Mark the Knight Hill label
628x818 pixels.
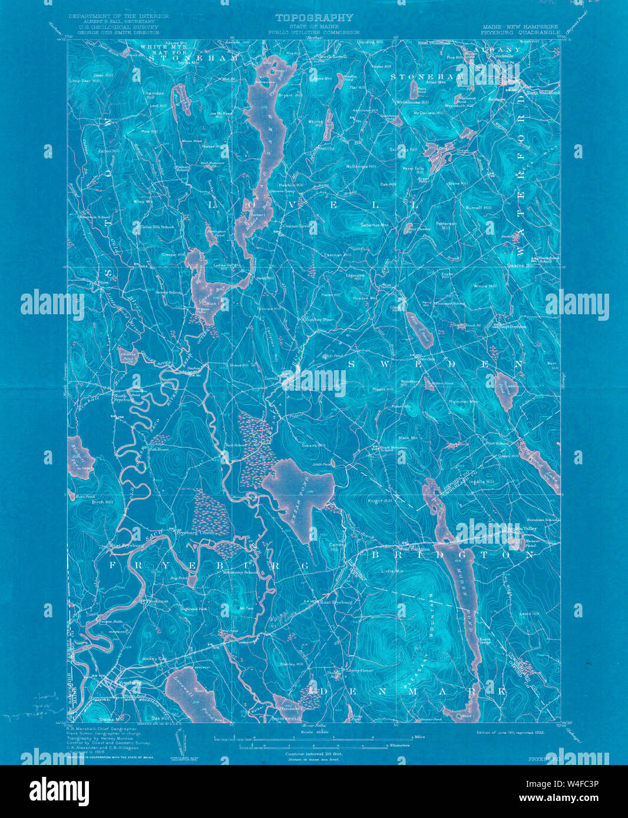379,501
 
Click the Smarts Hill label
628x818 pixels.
313,445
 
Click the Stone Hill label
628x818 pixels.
457,184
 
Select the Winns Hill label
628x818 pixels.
485,286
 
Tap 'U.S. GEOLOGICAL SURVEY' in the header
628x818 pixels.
118,27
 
